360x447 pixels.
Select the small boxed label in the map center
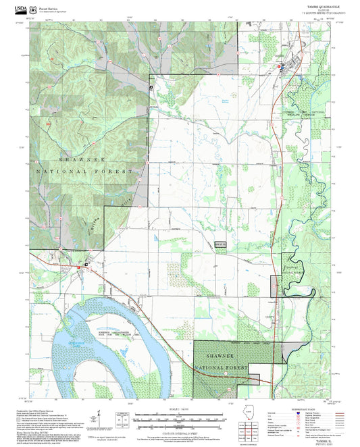point(220,244)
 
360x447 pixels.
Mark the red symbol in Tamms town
point(281,65)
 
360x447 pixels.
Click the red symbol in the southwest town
point(86,263)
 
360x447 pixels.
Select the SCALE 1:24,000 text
point(180,409)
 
